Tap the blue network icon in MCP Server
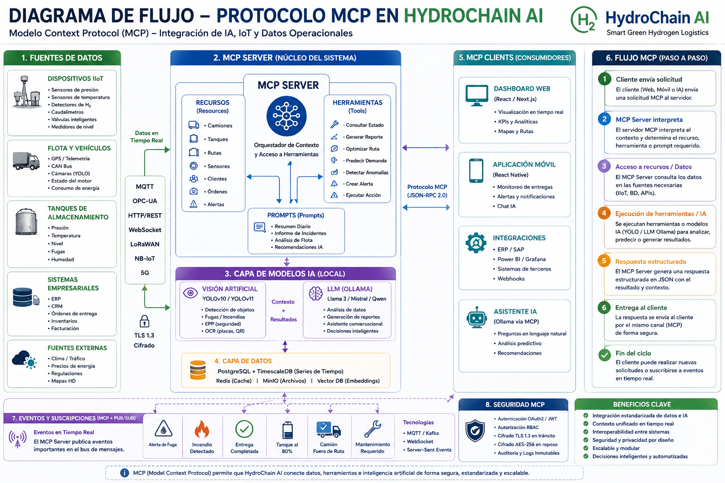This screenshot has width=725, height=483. [287, 116]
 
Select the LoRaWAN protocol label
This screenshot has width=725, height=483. [145, 244]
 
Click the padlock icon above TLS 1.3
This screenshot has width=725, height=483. [144, 321]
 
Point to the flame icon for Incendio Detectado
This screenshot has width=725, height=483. [202, 429]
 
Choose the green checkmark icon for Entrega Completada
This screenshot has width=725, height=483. [244, 429]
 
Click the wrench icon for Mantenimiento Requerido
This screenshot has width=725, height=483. [372, 429]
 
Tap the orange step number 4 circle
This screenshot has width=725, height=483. [604, 213]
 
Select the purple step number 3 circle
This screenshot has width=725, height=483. [604, 167]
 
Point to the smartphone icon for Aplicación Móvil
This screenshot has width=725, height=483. [476, 170]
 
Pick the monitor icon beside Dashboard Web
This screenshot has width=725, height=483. [476, 95]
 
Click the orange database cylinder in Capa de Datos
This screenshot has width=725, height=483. [198, 370]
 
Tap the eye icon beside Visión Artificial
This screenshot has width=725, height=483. [190, 293]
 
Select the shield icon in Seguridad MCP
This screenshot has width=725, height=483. [475, 431]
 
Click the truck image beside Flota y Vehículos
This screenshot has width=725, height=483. [26, 161]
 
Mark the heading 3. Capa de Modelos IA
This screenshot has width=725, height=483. [285, 274]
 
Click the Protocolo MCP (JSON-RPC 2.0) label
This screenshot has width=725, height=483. [427, 191]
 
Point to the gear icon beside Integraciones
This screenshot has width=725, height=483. [476, 242]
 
